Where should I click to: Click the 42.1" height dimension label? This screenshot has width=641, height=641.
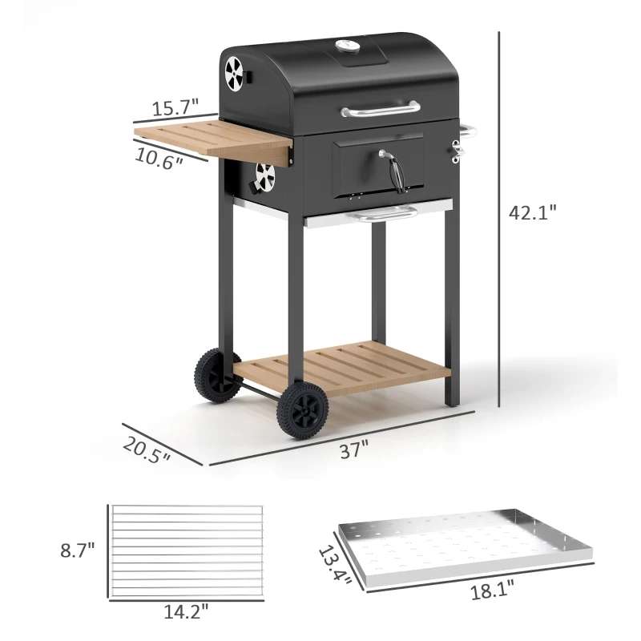532,212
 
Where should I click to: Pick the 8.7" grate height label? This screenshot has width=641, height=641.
77,550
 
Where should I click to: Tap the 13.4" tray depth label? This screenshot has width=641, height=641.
334,567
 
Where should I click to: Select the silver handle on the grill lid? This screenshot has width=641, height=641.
380,110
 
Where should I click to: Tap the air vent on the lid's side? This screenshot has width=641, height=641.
234,74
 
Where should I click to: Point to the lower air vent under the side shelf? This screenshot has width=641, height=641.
265,176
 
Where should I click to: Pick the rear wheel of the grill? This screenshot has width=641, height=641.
216,373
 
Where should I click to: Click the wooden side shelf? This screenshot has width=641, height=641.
212,139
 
